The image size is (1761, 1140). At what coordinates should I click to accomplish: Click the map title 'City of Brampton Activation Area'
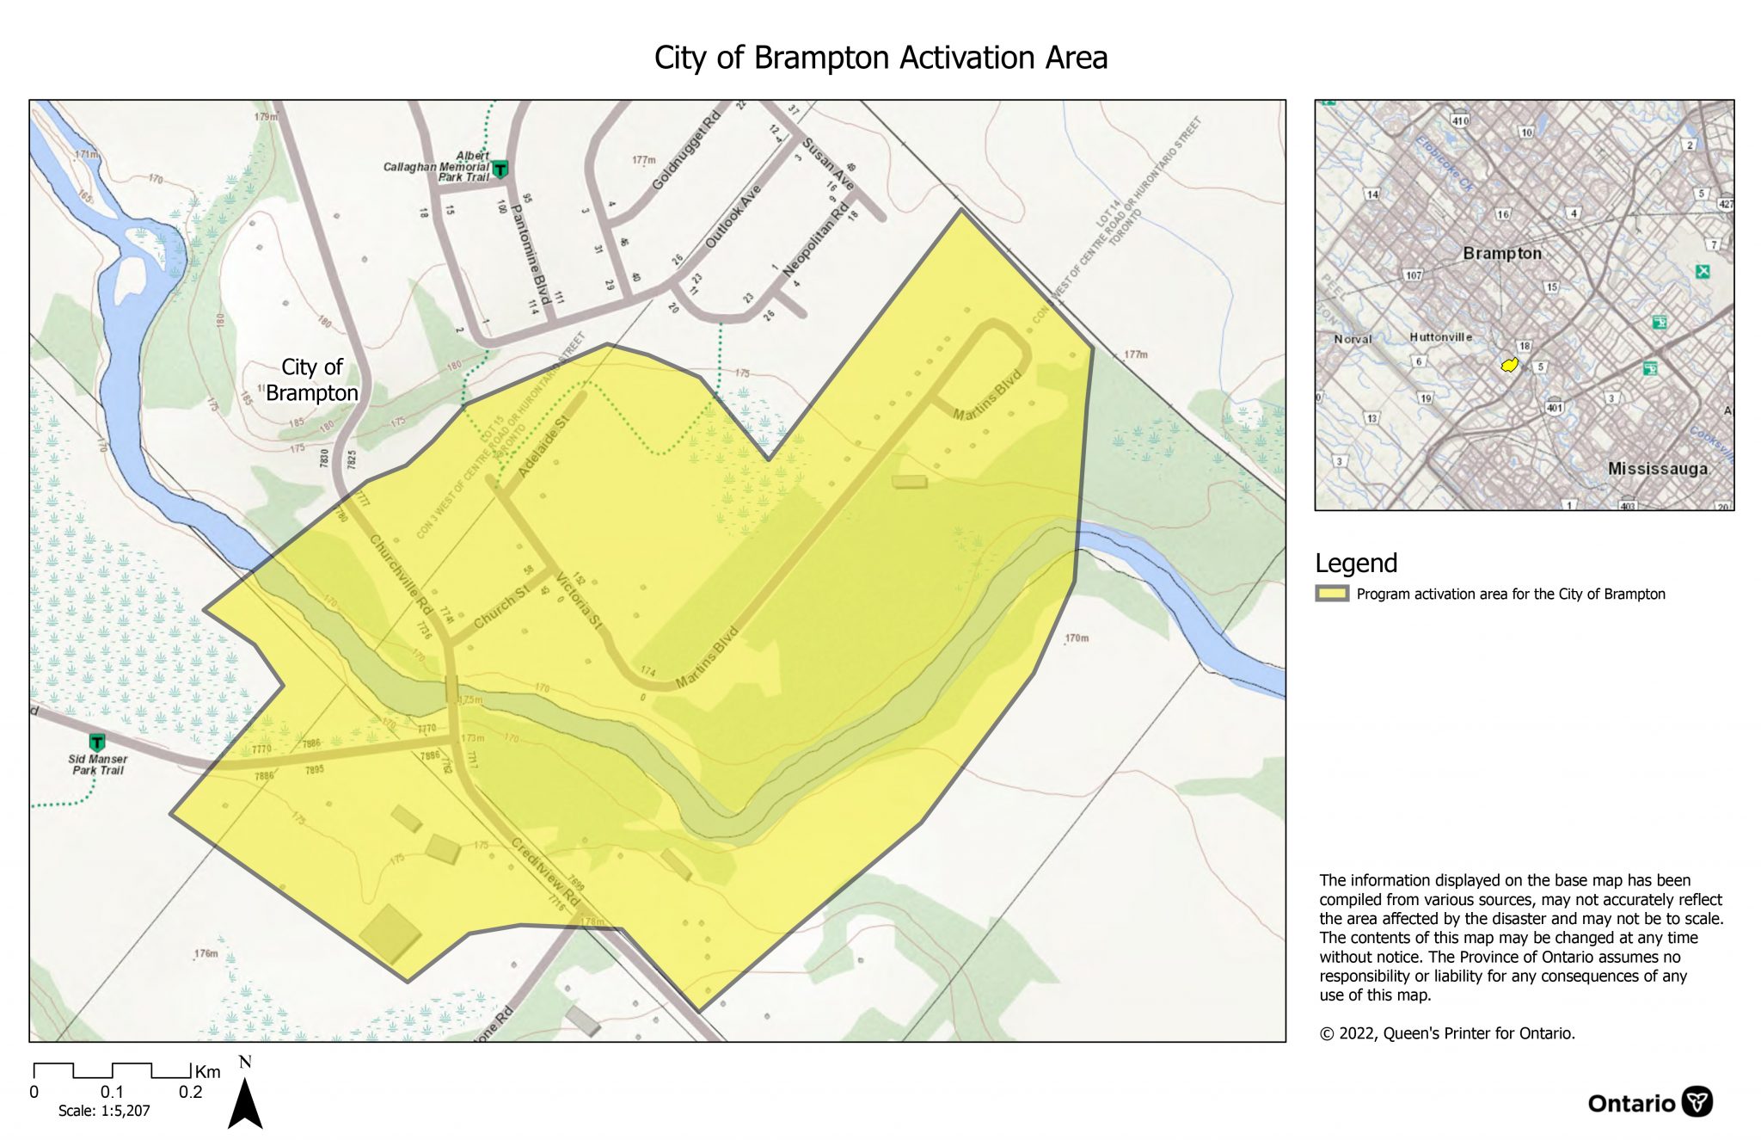click(x=880, y=58)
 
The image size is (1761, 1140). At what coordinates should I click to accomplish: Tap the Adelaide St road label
click(x=543, y=447)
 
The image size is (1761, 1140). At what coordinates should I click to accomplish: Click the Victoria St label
click(x=580, y=600)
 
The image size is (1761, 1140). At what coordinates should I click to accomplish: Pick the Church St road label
click(x=501, y=607)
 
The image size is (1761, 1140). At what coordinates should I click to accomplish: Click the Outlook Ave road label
click(x=733, y=217)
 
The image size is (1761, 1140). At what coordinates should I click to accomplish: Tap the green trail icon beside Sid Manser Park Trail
click(x=97, y=742)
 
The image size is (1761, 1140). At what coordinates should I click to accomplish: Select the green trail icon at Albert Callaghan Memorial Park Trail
click(x=500, y=169)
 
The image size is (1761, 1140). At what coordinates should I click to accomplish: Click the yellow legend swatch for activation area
click(x=1331, y=594)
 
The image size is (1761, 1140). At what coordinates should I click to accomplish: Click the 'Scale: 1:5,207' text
click(x=104, y=1111)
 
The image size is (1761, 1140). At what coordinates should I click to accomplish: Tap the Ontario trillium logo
click(x=1697, y=1102)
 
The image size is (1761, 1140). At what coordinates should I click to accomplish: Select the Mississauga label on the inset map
click(x=1657, y=469)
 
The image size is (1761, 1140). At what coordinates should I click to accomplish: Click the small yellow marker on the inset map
click(x=1508, y=366)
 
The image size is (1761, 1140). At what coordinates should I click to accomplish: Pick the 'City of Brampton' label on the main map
click(x=311, y=380)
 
